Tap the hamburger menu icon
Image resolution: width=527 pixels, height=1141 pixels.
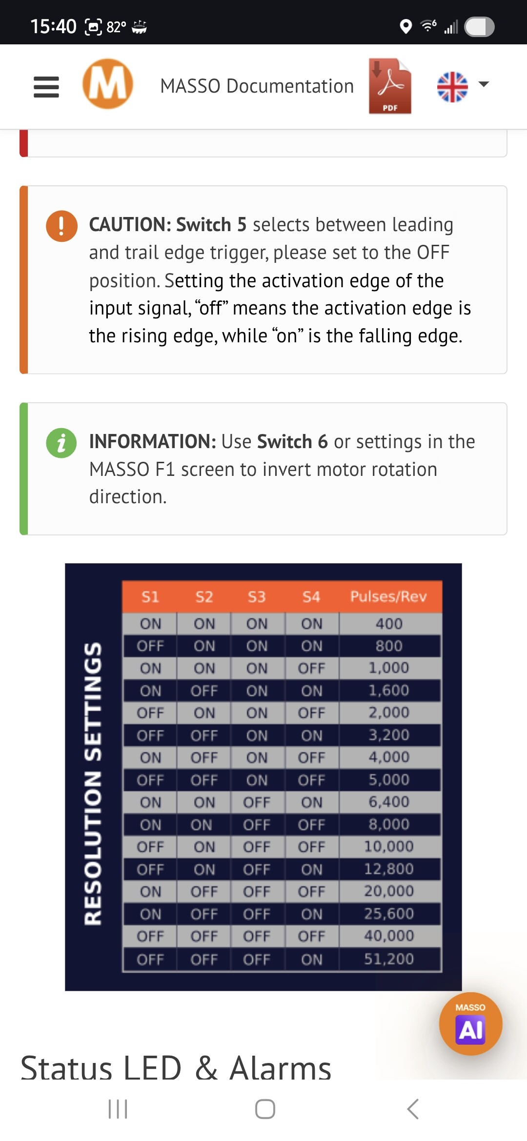(46, 87)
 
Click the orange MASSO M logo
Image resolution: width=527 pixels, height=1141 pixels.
(108, 84)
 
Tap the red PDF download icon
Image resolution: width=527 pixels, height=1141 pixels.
(390, 86)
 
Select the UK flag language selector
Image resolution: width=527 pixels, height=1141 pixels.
(452, 87)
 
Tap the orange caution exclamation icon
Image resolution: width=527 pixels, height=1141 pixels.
(61, 226)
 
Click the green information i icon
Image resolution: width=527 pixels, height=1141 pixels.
(61, 443)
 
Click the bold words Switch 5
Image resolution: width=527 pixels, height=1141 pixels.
(211, 225)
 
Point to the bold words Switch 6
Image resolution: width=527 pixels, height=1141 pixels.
(292, 442)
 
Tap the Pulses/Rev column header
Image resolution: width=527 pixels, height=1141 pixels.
(388, 596)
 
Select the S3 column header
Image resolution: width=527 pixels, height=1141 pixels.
(257, 597)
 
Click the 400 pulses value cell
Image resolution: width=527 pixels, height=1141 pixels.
(389, 624)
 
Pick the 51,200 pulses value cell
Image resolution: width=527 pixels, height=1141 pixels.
(389, 959)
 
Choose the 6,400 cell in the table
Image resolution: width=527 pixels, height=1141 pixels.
(389, 802)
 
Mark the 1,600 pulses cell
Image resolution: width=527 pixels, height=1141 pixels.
(389, 690)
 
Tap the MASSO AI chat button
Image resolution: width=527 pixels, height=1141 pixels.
(470, 1023)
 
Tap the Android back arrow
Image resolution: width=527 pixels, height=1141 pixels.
(413, 1109)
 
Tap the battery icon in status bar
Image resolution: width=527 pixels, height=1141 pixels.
(479, 27)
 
